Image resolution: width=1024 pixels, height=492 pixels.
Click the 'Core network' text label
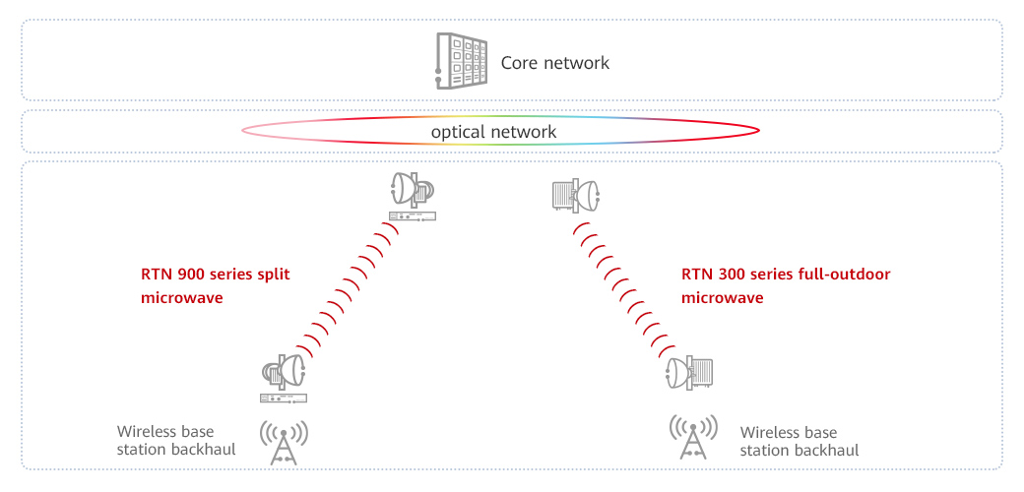point(555,63)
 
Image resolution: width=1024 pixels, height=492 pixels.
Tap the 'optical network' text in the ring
point(493,132)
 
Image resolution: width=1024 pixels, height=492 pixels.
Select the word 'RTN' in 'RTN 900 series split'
point(156,275)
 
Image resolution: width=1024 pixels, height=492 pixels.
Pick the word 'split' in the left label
point(273,275)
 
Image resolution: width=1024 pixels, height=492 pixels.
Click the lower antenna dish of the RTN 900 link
point(290,371)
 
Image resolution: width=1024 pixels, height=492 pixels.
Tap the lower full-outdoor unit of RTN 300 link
point(700,372)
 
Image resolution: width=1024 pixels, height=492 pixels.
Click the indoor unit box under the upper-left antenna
point(412,215)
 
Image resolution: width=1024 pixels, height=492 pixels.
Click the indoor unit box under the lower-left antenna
point(284,398)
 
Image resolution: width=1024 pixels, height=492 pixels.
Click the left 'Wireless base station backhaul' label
point(165,440)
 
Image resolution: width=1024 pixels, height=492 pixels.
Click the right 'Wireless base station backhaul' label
point(799,441)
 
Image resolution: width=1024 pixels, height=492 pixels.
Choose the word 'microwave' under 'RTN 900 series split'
point(182,297)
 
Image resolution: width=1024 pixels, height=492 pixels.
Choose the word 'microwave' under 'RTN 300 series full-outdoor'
point(722,297)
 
